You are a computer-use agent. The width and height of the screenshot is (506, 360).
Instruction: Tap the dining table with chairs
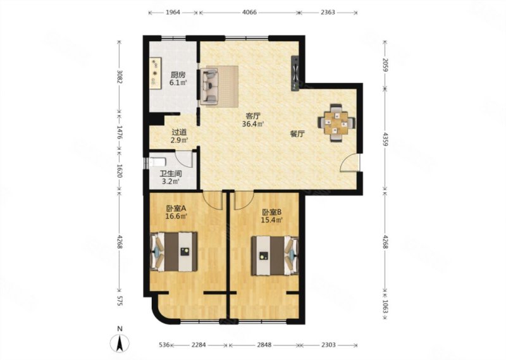[336, 123]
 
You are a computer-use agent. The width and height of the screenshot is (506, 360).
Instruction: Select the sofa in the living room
[209, 86]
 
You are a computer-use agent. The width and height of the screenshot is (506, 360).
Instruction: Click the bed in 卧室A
[174, 252]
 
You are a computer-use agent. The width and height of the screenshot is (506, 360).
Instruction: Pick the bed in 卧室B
[275, 256]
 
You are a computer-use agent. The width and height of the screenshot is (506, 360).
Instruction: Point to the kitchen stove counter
[155, 73]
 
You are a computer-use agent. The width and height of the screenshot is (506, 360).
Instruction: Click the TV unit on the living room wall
[295, 73]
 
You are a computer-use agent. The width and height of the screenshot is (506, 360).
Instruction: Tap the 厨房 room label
[178, 75]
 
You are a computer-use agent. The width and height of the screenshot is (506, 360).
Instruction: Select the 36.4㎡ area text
[254, 124]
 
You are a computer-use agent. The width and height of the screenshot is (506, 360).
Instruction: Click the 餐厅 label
[297, 134]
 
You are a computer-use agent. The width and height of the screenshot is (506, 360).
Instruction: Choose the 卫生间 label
[171, 174]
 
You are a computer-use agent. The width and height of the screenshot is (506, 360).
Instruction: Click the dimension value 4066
[249, 12]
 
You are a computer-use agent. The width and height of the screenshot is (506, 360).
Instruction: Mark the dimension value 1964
[173, 12]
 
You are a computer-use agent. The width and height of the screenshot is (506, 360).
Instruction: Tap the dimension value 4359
[385, 138]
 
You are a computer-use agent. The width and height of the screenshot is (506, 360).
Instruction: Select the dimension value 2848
[264, 345]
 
